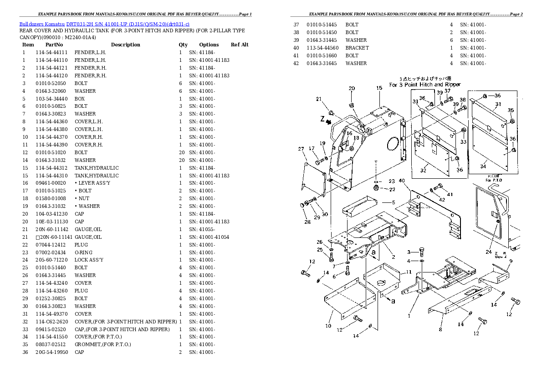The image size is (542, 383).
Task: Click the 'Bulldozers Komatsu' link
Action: click(42, 23)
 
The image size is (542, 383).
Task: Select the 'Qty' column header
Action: click(183, 45)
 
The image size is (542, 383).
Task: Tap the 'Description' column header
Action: click(125, 45)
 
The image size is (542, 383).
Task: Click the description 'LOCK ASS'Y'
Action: click(89, 260)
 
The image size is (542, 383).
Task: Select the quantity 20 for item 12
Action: click(182, 152)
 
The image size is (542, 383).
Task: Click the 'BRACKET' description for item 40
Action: click(357, 48)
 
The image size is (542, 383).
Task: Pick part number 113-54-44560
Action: click(322, 48)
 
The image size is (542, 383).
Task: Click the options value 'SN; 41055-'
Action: click(202, 229)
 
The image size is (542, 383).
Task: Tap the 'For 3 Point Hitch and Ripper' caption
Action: click(424, 85)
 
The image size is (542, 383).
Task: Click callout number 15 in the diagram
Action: click(379, 88)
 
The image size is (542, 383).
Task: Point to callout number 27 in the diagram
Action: click(301, 149)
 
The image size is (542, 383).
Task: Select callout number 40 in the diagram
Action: click(401, 181)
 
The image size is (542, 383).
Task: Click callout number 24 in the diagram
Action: click(489, 252)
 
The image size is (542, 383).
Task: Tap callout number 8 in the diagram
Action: click(440, 329)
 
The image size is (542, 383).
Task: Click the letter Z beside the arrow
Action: click(322, 120)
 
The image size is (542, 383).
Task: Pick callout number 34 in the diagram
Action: click(483, 166)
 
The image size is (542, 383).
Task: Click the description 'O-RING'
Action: click(83, 252)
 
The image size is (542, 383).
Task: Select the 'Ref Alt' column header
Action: click(240, 45)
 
